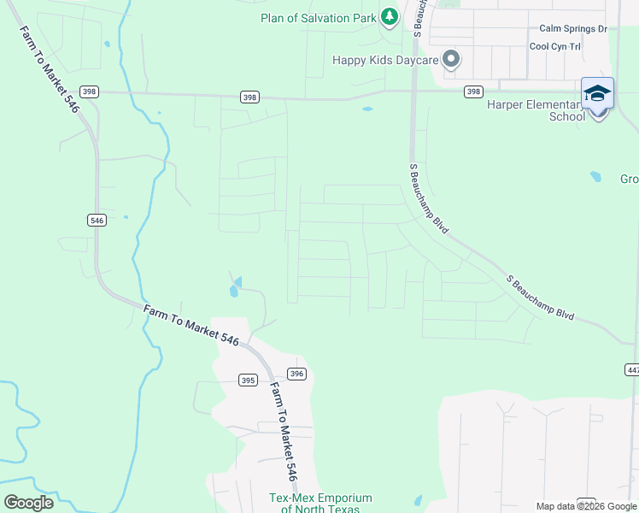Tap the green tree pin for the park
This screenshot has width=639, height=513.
pos(390,16)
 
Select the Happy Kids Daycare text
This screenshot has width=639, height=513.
pos(385,60)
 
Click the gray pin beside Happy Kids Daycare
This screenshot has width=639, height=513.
pos(452,59)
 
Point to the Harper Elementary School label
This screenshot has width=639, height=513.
pos(533,110)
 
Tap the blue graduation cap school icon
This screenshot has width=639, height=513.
pos(597,93)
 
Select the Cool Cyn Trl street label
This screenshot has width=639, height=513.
pos(555,47)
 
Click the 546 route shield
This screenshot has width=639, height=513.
pos(97,220)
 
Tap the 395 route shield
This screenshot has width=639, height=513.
pos(248,380)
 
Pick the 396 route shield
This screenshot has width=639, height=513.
pos(296,374)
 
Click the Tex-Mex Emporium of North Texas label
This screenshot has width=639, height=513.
pos(320,503)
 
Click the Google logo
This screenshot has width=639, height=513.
pos(28,503)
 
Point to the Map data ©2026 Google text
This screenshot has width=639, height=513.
pos(585,506)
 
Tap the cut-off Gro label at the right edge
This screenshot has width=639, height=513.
pos(629,179)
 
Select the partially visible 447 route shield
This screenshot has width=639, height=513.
pos(632,369)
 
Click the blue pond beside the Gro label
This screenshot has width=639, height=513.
pos(595,178)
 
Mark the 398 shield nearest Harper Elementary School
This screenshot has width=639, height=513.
pos(473,91)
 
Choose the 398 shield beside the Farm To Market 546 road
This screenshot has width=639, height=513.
pos(89,91)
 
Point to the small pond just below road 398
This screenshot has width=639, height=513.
pos(367,109)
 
